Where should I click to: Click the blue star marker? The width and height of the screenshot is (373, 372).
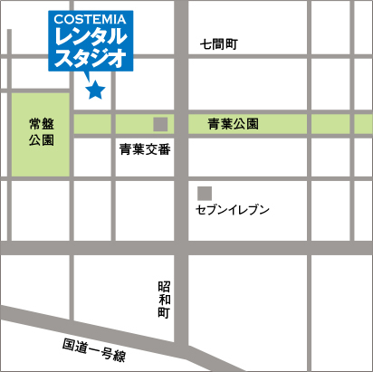[x=95, y=90]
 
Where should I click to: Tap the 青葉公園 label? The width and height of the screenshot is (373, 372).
[x=234, y=123]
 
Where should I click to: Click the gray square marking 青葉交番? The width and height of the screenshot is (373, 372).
[x=160, y=123]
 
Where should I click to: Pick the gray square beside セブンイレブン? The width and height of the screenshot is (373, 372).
[x=204, y=193]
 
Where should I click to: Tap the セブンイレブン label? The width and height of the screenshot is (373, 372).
[x=233, y=210]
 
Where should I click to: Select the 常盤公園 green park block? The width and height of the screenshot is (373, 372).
[x=40, y=133]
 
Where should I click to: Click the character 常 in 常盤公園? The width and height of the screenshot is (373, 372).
[x=34, y=124]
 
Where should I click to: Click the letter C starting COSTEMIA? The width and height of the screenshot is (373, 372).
[x=59, y=18]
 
